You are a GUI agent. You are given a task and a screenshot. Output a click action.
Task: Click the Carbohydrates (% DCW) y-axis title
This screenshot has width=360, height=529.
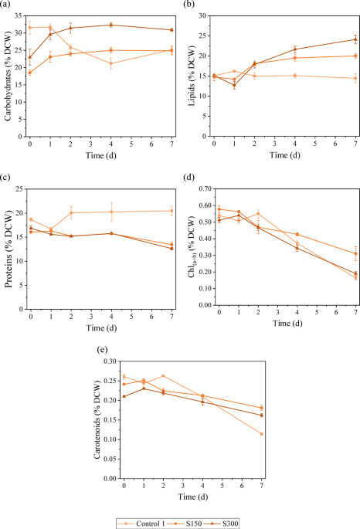click(8, 75)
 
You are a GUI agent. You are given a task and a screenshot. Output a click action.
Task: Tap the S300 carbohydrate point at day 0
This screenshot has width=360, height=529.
click(30, 57)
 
